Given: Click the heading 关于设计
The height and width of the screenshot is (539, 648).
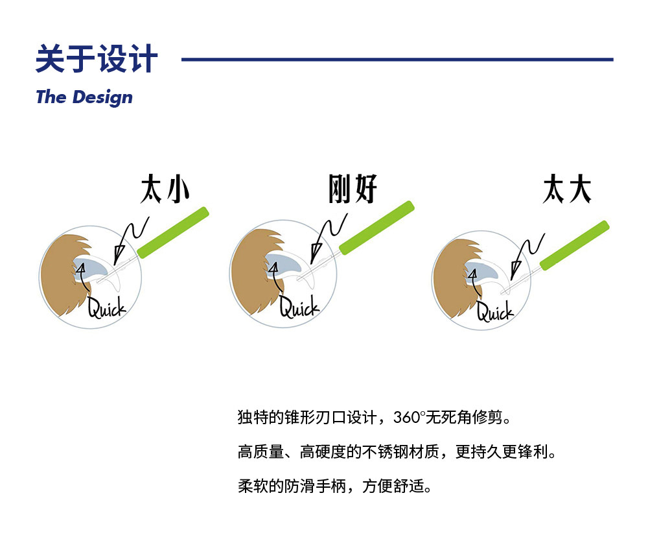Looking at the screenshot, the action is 97,59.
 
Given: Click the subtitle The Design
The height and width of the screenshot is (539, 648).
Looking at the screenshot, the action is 84,97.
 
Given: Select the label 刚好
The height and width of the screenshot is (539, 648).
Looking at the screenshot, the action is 353,189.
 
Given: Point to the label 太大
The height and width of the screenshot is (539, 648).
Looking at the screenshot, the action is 567,189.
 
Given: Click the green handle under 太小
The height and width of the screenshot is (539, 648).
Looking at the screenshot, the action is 173,231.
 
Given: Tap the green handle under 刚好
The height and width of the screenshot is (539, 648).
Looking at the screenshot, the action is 376,227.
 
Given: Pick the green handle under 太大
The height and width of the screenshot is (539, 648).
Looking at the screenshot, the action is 575,245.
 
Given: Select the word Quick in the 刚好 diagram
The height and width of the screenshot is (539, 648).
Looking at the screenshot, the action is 299,307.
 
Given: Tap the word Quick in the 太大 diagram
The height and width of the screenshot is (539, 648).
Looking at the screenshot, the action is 495,312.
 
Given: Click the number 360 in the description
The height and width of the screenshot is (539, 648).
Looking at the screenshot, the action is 408,417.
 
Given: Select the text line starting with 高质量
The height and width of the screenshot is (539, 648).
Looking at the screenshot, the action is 397,451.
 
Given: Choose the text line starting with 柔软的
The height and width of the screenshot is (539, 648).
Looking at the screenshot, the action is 335,485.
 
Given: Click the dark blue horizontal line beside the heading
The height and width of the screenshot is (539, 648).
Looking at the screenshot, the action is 397,60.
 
